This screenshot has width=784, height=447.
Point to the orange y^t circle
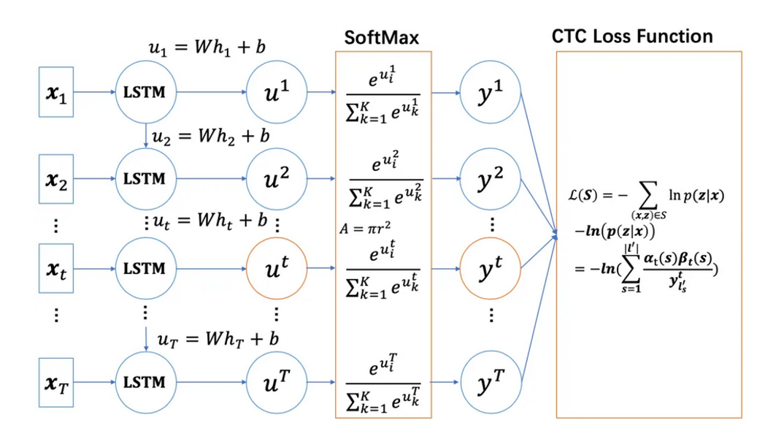[x=491, y=269]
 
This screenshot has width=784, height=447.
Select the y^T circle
[x=491, y=382]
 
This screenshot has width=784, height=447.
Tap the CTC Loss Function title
[x=632, y=37]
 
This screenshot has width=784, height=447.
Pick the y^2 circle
[x=491, y=178]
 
